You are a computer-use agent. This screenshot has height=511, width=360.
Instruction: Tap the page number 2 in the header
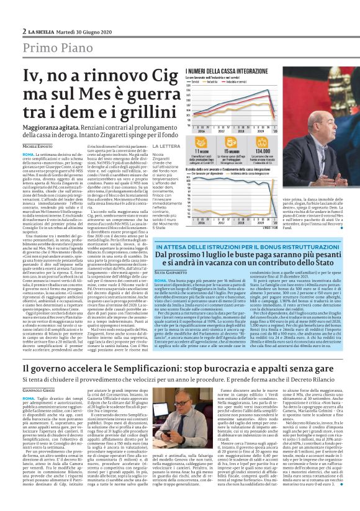pyautogui.click(x=24, y=30)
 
